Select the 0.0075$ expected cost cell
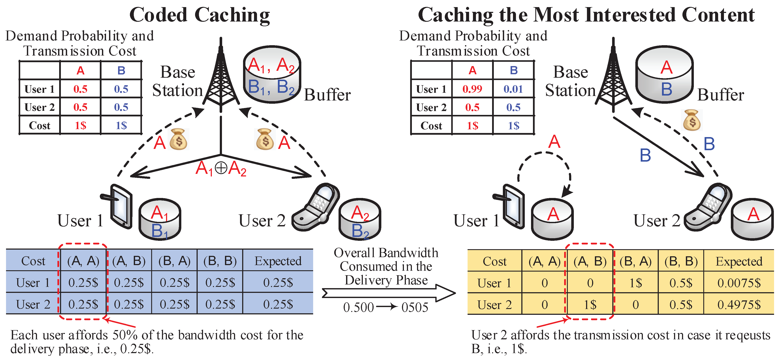click(x=739, y=283)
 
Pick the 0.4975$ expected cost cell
click(x=739, y=305)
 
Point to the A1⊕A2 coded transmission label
click(x=221, y=168)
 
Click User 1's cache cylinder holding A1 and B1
click(x=160, y=219)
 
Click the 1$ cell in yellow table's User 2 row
click(x=590, y=305)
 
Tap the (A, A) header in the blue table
click(x=83, y=261)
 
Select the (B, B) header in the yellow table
click(x=681, y=261)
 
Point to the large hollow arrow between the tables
click(x=389, y=293)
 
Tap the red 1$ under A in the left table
click(x=80, y=125)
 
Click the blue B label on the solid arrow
click(x=645, y=156)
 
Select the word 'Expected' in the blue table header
click(x=278, y=261)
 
